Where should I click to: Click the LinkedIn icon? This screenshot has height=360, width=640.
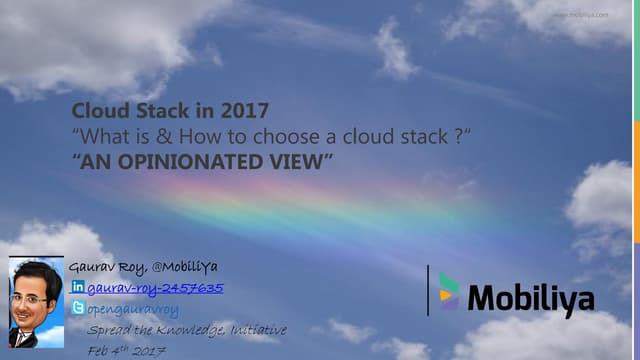78,288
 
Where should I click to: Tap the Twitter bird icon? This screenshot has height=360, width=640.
78,309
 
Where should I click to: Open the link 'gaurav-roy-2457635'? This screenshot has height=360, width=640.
155,288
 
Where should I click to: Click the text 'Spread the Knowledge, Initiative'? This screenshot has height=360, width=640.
186,330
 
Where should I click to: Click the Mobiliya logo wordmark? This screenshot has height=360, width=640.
531,298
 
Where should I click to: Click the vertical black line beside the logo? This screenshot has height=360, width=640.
427,290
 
